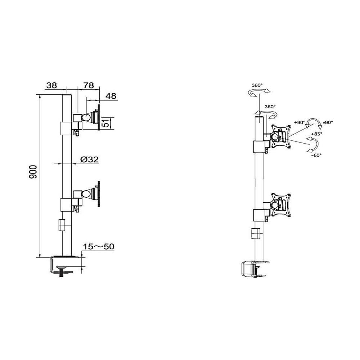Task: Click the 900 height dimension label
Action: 33,172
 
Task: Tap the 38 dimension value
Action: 51,85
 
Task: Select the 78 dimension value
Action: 89,85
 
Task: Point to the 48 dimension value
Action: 111,96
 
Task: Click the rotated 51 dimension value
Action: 107,123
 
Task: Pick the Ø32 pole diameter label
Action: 90,159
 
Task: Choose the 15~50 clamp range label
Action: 99,247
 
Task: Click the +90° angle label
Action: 300,122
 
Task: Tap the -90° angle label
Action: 328,122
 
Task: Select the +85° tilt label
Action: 316,134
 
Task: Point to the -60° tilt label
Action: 316,155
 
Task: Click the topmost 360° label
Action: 257,85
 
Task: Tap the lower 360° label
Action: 270,107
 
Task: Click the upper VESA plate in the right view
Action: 281,136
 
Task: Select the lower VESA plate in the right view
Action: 281,205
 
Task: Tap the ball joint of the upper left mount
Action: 86,118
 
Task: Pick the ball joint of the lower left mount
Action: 86,194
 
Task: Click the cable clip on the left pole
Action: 62,225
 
